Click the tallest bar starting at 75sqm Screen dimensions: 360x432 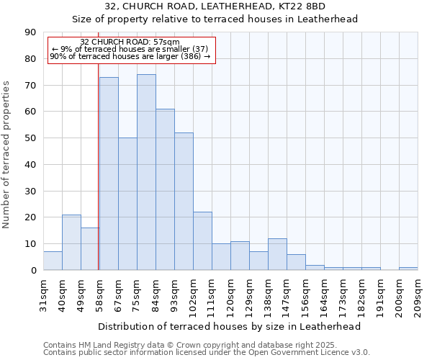146,172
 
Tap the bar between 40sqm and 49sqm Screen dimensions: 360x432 71,242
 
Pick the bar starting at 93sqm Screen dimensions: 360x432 184,202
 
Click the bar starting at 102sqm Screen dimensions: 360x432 202,241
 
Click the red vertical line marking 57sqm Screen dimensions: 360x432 98,158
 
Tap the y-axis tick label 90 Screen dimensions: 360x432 31,32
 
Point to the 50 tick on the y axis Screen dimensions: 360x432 31,138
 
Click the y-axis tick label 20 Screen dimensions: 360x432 31,217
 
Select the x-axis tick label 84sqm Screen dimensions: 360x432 156,293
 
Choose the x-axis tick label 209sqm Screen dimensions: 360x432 418,295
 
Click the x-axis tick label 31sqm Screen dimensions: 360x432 43,293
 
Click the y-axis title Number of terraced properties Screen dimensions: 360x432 6,155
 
